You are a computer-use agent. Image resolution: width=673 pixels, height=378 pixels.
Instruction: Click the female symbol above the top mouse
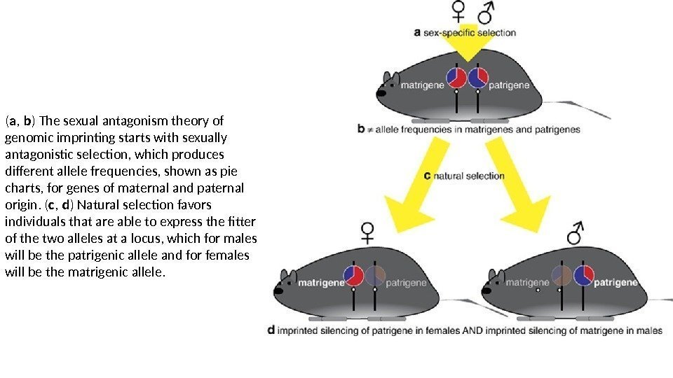click(x=458, y=12)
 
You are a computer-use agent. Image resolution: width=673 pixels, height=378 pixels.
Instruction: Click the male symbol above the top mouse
click(x=486, y=12)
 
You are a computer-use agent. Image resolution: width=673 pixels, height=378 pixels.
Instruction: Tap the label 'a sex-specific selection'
click(x=465, y=32)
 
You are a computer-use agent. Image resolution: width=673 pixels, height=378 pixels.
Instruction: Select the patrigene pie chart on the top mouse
click(x=478, y=78)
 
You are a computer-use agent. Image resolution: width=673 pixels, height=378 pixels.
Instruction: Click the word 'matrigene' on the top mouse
click(x=422, y=85)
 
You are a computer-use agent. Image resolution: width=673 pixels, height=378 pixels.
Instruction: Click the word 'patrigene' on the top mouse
click(x=510, y=85)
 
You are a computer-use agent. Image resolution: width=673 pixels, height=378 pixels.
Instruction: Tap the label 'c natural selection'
click(x=465, y=176)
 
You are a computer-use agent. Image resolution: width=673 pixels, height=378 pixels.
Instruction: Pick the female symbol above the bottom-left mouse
click(x=367, y=232)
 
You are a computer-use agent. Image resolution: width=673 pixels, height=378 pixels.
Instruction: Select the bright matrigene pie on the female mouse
click(x=353, y=276)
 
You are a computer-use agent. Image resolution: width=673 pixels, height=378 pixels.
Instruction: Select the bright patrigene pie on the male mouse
click(x=583, y=276)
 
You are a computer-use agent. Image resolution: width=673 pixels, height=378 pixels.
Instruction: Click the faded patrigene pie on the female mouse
click(x=376, y=276)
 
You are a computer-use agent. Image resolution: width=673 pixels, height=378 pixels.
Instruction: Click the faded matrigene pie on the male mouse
click(x=561, y=276)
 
